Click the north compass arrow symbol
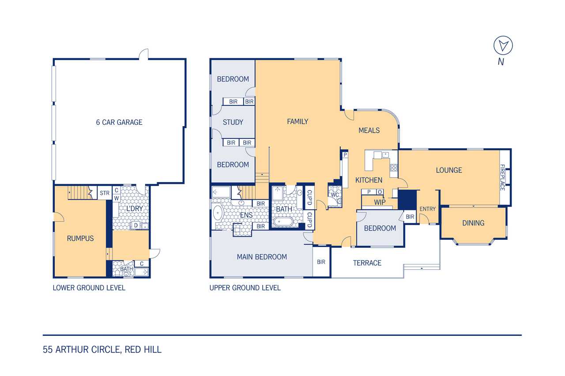503,45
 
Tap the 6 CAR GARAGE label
119,123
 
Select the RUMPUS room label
80,238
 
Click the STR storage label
105,193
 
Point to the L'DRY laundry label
135,208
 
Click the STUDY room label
233,123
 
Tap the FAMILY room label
298,122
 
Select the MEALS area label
369,130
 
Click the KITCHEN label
369,180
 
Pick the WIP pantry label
380,202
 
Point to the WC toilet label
335,195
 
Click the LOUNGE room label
449,170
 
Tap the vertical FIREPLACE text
502,177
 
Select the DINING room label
473,223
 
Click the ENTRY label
428,209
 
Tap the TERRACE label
367,263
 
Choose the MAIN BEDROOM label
262,257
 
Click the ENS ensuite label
246,215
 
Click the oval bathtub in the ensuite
218,213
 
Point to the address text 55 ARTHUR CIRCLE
81,350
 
